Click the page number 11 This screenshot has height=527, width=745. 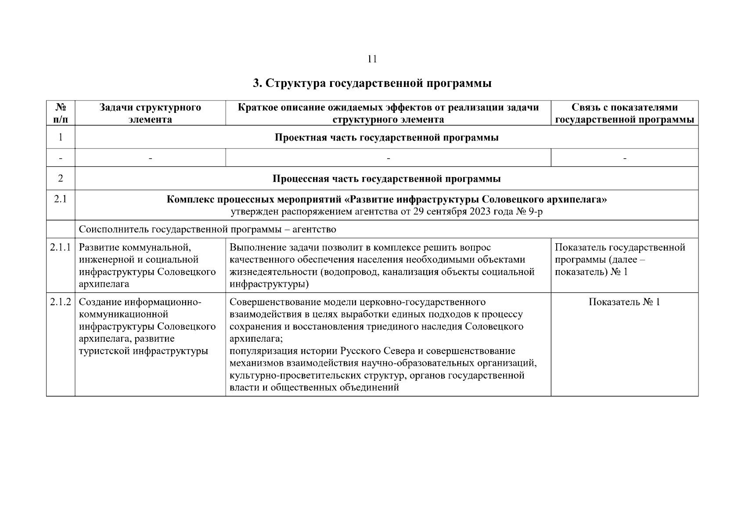[372, 59]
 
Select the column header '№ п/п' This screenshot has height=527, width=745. [61, 113]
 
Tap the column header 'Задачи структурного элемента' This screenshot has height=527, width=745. [150, 113]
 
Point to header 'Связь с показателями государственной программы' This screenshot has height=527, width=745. [624, 113]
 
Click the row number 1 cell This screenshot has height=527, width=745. [61, 137]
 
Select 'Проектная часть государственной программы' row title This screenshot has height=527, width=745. [386, 138]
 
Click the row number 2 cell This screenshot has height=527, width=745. [61, 178]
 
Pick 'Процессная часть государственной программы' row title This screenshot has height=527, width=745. [386, 179]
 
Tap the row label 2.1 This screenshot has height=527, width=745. [61, 199]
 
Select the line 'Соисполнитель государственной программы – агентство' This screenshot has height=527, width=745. [207, 229]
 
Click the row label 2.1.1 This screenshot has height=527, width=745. [61, 248]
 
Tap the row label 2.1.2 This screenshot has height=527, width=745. [61, 302]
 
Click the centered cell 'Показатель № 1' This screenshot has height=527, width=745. [624, 302]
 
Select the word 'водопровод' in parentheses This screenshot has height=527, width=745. [351, 272]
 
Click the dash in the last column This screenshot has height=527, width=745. [624, 158]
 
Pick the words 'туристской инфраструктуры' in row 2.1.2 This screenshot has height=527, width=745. [143, 351]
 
